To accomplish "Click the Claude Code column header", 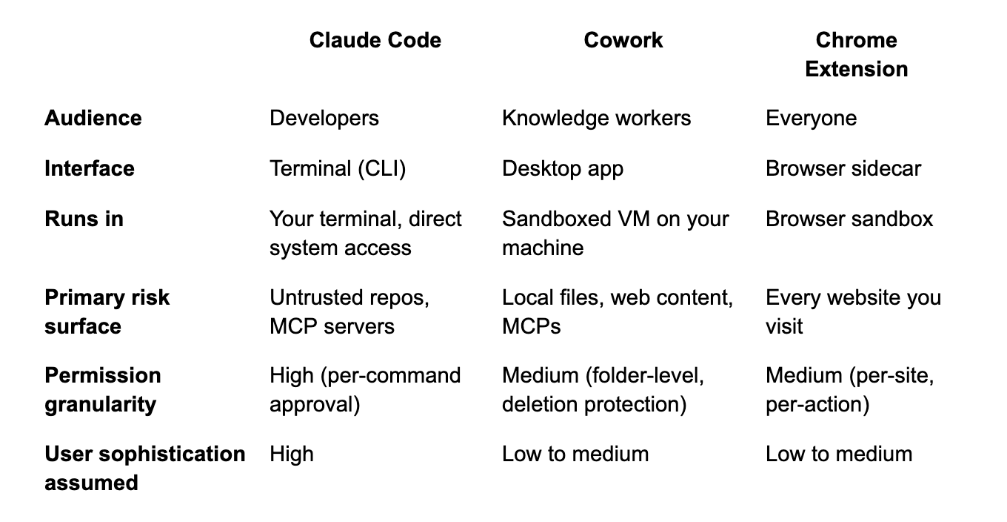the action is (x=375, y=40).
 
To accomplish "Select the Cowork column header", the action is (x=623, y=40).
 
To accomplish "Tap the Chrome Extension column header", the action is (x=857, y=54).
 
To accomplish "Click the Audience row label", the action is (x=93, y=119).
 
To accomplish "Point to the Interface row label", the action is (x=90, y=169).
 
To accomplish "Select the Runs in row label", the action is (x=84, y=219).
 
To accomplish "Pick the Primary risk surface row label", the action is (x=107, y=312).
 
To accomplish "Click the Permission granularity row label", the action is (x=102, y=390).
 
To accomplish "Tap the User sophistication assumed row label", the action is (x=145, y=468).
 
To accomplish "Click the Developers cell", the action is (x=324, y=119).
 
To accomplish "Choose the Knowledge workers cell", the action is (x=596, y=119).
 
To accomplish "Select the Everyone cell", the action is (x=811, y=119).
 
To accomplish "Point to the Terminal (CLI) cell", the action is (x=338, y=169).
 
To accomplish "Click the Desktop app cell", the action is (x=563, y=169).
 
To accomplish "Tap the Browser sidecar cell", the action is (x=843, y=169).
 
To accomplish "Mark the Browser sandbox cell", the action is (x=849, y=219).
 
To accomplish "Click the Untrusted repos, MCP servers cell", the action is (x=349, y=312).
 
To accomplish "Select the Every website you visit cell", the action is (x=853, y=312).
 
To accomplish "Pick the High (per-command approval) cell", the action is (x=365, y=390).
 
